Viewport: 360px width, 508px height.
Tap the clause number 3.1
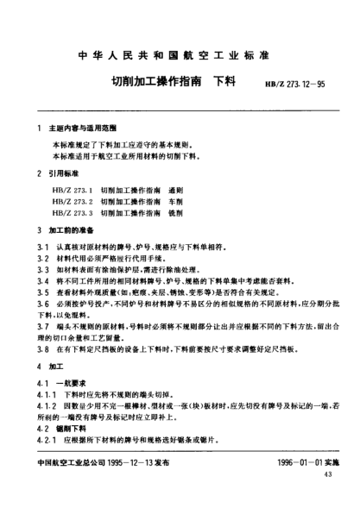pyautogui.click(x=37, y=248)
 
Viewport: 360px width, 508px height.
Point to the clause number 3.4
pyautogui.click(x=37, y=281)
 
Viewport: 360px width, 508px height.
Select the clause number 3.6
pyautogui.click(x=37, y=304)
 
